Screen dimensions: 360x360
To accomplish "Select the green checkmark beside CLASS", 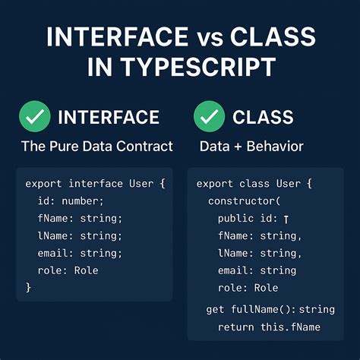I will click(x=210, y=117).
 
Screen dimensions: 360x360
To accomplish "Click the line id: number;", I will click(x=70, y=201).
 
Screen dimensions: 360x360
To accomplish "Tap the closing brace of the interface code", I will click(x=29, y=288).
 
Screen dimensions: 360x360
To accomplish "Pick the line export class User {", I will click(x=253, y=183).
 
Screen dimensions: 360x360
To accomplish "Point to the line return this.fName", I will click(x=269, y=327).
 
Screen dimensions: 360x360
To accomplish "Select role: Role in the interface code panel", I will click(x=68, y=270).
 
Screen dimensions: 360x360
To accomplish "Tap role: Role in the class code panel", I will click(x=248, y=288).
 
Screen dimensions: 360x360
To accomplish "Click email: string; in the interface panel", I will click(x=80, y=253).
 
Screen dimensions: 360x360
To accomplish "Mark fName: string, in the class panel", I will click(x=260, y=235).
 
